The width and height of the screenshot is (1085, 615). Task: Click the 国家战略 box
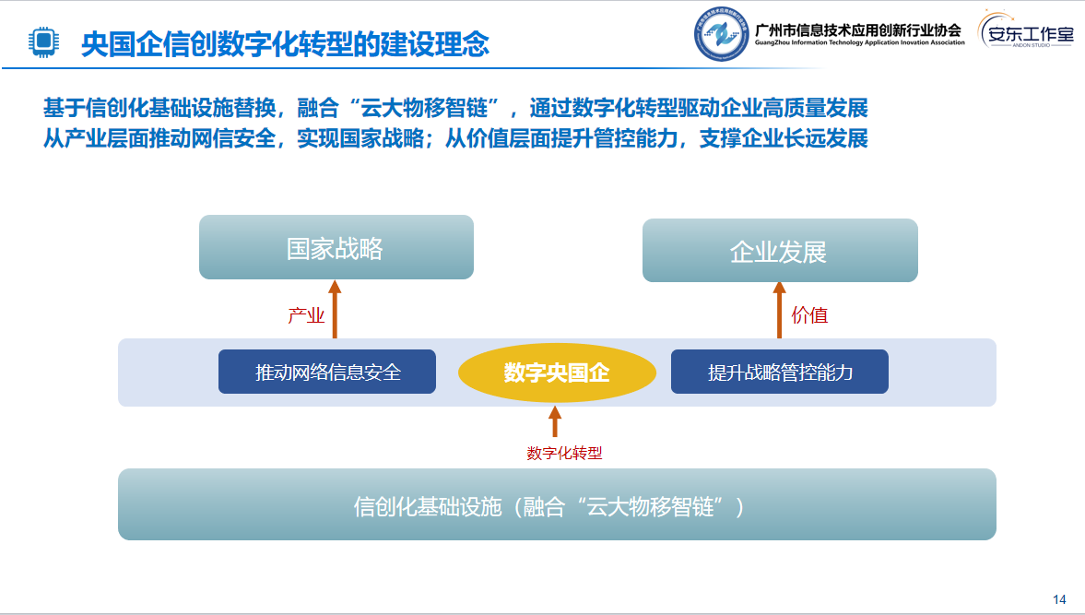click(x=336, y=247)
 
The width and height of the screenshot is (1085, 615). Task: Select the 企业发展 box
click(x=780, y=251)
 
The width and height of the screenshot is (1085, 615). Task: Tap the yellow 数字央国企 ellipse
click(x=557, y=373)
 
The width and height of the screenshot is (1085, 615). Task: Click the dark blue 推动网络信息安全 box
click(x=327, y=372)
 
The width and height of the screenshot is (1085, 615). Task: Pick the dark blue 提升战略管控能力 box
click(x=780, y=372)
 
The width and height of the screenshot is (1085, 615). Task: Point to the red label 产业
click(x=306, y=315)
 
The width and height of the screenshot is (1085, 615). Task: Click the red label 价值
click(x=809, y=315)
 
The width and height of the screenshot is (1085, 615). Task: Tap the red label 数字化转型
click(x=565, y=453)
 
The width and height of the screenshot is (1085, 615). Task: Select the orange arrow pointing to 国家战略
click(x=335, y=309)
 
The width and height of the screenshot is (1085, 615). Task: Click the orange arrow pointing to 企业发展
click(x=779, y=310)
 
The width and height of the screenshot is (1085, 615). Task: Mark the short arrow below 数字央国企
click(x=554, y=421)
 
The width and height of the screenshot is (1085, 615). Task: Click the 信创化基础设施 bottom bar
click(x=557, y=504)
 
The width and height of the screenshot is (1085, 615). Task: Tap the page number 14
click(x=1059, y=599)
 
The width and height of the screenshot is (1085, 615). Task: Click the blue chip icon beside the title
click(x=43, y=41)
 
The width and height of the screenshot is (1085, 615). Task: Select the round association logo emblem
click(x=722, y=34)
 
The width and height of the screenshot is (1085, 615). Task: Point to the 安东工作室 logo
click(x=1026, y=30)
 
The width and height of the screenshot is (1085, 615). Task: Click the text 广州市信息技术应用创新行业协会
click(x=858, y=30)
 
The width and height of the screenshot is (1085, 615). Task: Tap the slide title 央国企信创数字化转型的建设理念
click(x=285, y=44)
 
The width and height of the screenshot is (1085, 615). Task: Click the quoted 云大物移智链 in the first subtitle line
click(x=429, y=108)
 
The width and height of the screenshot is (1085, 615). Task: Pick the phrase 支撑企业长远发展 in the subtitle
click(x=784, y=138)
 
